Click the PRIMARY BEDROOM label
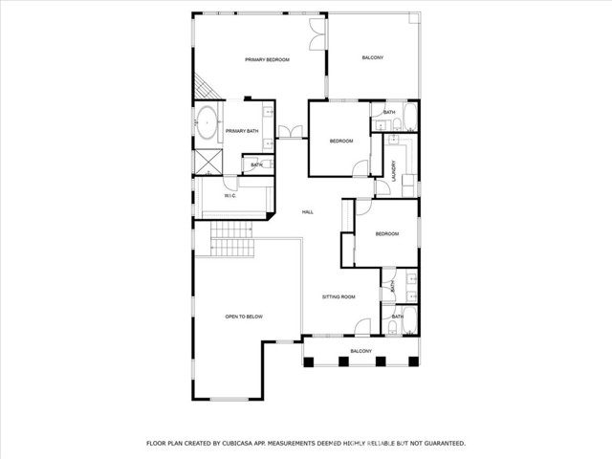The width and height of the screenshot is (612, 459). (267, 60)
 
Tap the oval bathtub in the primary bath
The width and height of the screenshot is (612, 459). (207, 123)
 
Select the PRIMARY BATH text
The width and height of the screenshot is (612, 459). (242, 131)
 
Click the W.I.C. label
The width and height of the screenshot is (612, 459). (230, 196)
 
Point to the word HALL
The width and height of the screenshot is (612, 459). (308, 212)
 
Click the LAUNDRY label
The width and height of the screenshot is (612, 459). (393, 170)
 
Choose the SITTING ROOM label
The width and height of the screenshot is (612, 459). (339, 297)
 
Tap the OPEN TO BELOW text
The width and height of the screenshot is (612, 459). (244, 317)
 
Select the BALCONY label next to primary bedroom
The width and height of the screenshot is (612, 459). (373, 59)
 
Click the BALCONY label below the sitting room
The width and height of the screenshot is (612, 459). (361, 352)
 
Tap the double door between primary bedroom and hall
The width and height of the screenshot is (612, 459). (288, 134)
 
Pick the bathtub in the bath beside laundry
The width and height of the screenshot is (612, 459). (408, 119)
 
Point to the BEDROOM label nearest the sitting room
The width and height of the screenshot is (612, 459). (386, 234)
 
